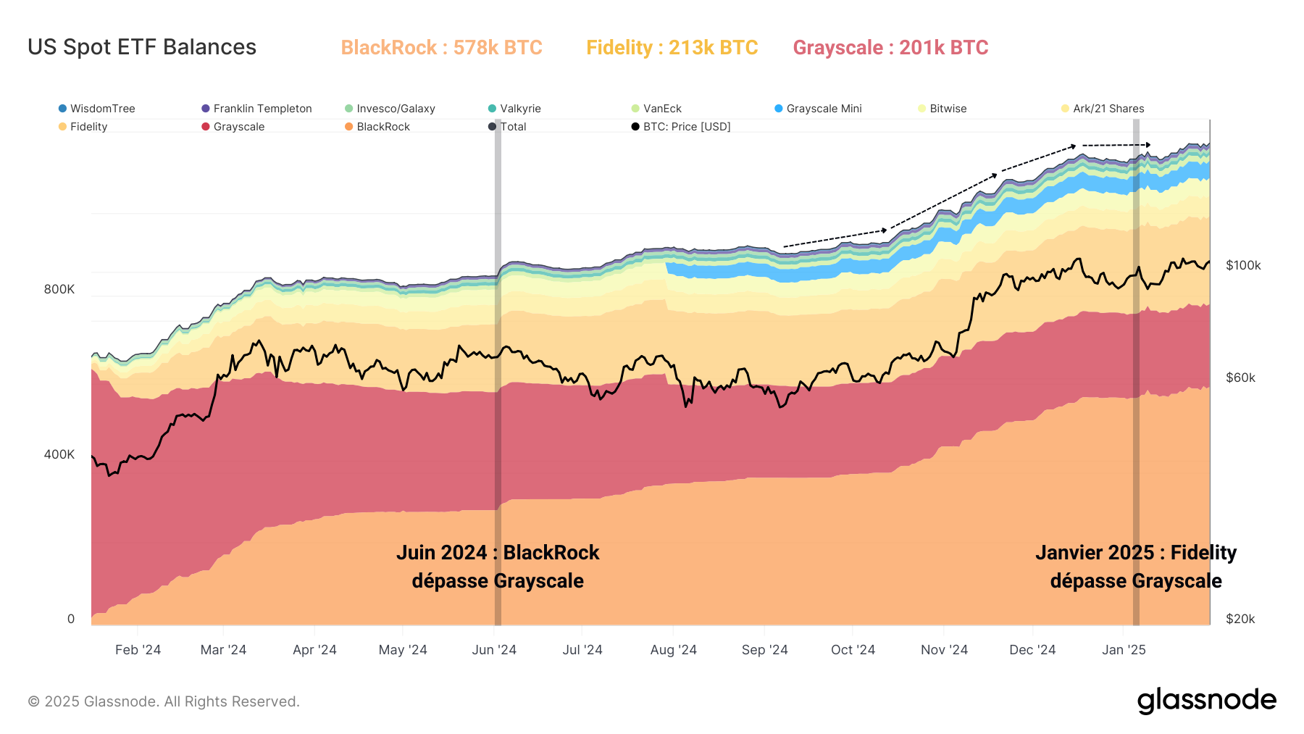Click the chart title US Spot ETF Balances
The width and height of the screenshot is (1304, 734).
142,47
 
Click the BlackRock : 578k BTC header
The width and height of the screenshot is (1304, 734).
441,48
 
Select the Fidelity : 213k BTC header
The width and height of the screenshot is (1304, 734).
672,48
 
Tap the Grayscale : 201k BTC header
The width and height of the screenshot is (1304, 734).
890,48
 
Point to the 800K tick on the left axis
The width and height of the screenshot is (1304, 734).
59,289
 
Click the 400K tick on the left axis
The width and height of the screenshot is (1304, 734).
59,454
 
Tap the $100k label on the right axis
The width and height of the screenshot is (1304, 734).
1243,265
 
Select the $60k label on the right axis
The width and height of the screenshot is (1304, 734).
1240,378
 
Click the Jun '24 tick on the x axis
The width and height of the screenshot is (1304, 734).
494,650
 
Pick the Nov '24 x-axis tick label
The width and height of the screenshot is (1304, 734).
944,650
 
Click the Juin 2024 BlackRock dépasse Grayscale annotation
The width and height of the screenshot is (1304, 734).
498,567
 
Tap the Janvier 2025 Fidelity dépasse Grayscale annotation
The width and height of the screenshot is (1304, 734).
1135,567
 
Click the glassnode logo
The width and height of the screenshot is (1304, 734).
1206,701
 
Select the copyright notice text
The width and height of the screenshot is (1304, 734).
164,701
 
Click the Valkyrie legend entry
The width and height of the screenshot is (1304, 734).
520,109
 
